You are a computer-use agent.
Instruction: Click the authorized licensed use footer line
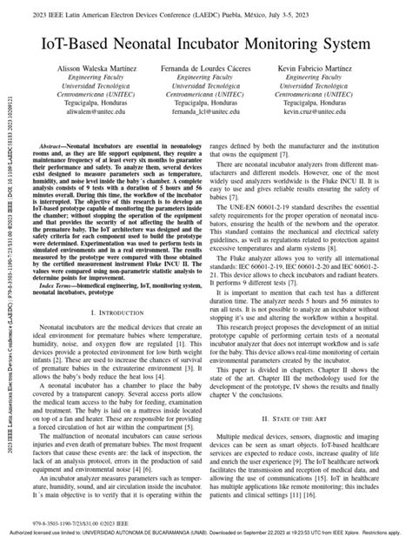(206, 544)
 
